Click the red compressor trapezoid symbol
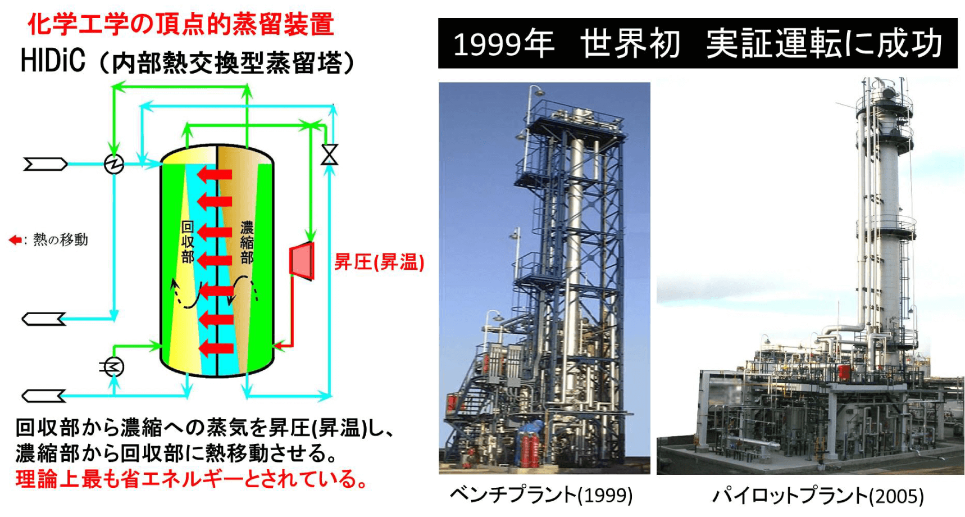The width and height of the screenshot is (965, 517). coord(302,261)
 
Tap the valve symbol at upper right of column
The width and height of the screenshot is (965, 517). coord(329,155)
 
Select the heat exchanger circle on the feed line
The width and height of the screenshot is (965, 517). coord(114,164)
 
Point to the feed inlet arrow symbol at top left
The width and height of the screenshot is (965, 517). coord(45,164)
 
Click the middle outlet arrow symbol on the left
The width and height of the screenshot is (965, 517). coord(44,319)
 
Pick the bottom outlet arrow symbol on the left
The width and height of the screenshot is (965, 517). coord(44,396)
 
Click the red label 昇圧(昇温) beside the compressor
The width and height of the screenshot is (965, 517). coord(379,262)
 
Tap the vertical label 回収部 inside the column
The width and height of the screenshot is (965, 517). coord(188,242)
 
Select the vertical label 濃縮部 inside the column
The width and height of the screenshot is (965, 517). coord(247,242)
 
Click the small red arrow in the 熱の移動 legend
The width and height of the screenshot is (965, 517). coord(15,240)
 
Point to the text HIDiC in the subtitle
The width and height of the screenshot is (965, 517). coord(53,61)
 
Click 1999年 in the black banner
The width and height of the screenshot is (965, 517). coord(503,44)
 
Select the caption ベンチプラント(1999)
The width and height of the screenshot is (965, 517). coord(541,495)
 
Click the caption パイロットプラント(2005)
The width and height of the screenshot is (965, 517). coord(818,495)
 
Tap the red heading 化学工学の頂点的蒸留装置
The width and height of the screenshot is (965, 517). coord(181,24)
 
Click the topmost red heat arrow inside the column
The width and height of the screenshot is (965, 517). coord(215,175)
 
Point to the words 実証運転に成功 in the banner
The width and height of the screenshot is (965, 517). coord(824,44)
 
